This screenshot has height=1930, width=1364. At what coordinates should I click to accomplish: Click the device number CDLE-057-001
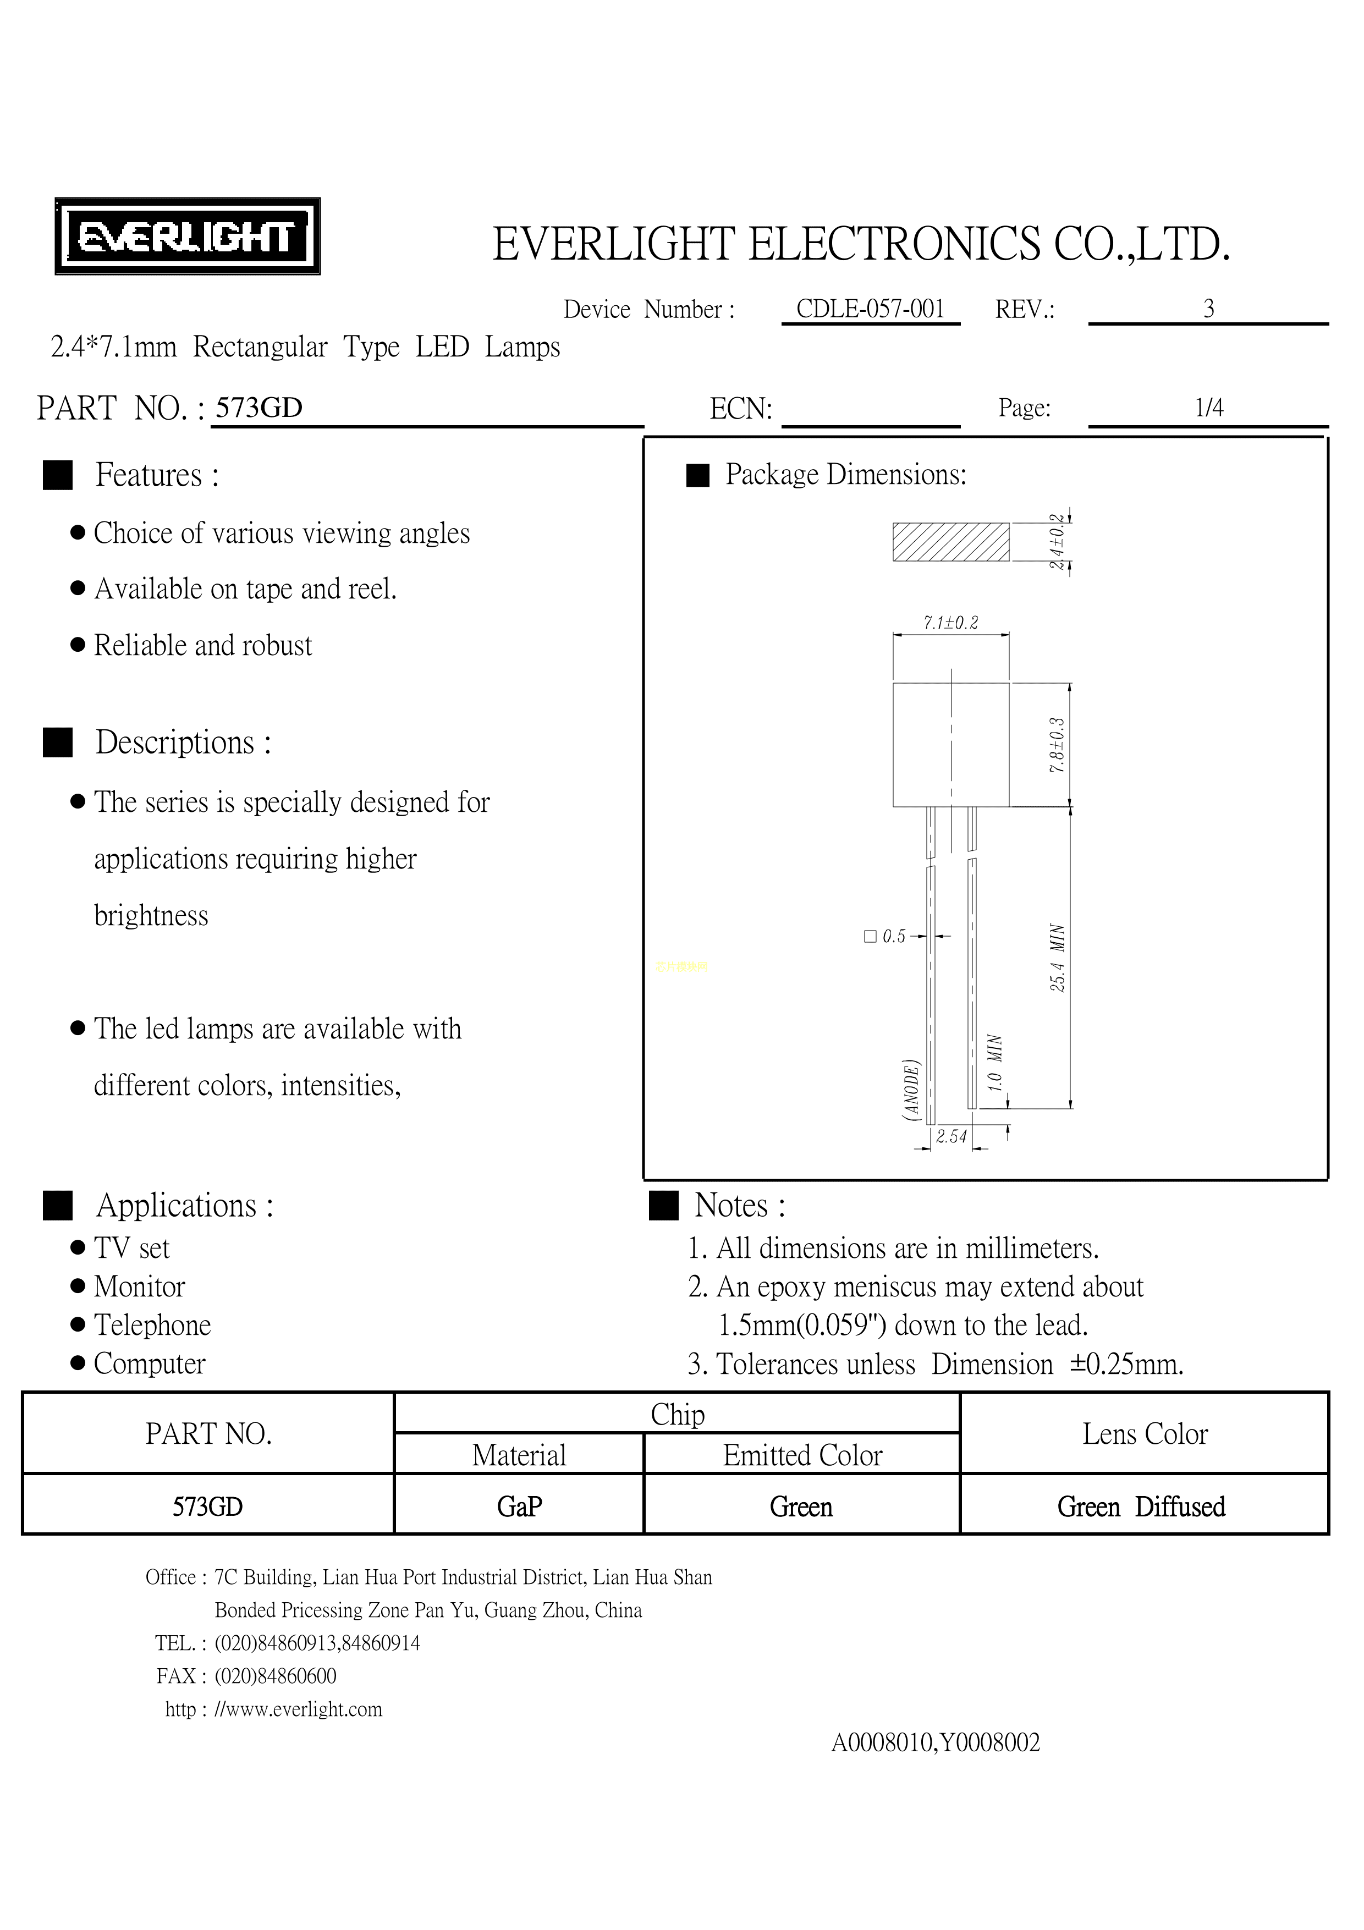pyautogui.click(x=870, y=309)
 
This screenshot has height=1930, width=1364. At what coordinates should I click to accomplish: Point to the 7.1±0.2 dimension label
pyautogui.click(x=950, y=623)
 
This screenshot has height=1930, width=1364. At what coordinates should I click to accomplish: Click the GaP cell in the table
pyautogui.click(x=519, y=1506)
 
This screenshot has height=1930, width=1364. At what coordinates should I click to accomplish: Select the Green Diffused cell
pyautogui.click(x=1141, y=1506)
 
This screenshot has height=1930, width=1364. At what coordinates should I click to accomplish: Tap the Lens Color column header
pyautogui.click(x=1145, y=1433)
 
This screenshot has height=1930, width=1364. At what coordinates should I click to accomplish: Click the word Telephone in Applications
pyautogui.click(x=152, y=1325)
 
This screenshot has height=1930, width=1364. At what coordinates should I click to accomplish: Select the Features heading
pyautogui.click(x=157, y=475)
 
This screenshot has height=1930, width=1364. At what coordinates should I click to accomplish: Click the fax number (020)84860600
pyautogui.click(x=276, y=1676)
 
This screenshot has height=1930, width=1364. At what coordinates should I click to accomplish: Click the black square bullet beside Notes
pyautogui.click(x=664, y=1206)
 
